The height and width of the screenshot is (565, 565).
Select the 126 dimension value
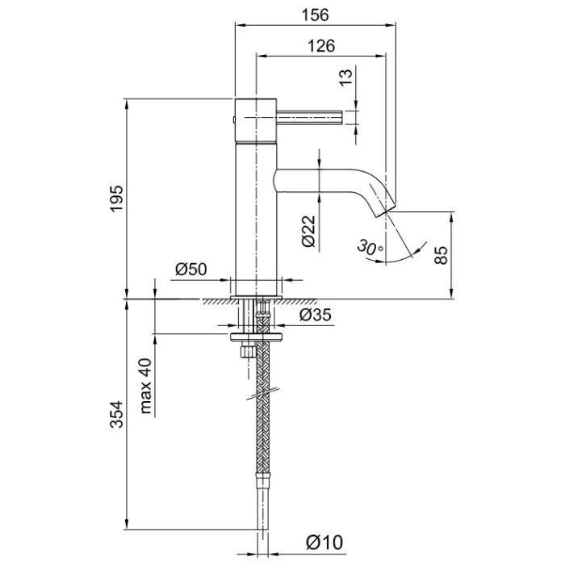click(320, 46)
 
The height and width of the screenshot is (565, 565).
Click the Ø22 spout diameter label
click(308, 230)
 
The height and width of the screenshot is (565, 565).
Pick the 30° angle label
click(370, 248)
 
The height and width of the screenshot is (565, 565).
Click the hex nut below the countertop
click(246, 353)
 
